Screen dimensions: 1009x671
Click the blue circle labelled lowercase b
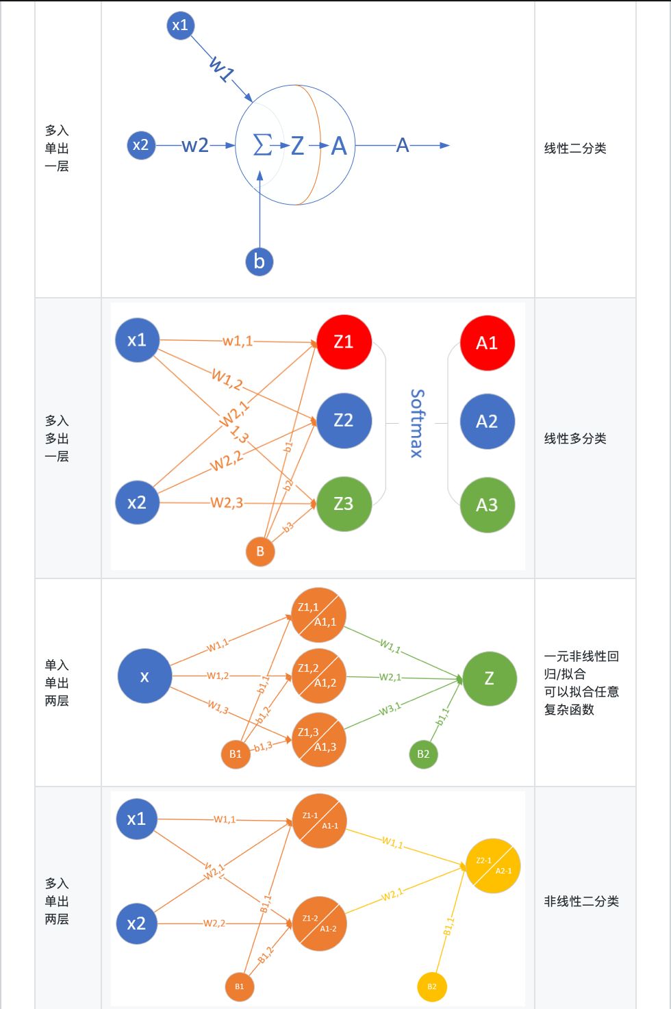(259, 261)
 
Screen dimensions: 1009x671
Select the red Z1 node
(344, 342)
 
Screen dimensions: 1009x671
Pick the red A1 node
(487, 342)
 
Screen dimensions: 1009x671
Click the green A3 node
(487, 505)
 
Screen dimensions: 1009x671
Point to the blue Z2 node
(344, 420)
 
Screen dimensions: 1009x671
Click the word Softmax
(416, 423)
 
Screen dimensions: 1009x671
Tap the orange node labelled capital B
(260, 551)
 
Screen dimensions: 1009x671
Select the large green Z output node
(489, 678)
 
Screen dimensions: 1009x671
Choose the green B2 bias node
(423, 754)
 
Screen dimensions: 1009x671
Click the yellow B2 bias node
(431, 986)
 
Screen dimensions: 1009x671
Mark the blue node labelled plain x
(144, 676)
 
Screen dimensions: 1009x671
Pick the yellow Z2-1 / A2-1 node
(493, 865)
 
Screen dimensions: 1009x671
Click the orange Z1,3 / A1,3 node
(318, 739)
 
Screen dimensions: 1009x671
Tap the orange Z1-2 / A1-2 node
(319, 923)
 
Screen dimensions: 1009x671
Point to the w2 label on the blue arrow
(195, 145)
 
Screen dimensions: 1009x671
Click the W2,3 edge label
(227, 502)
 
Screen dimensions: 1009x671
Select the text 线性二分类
(575, 148)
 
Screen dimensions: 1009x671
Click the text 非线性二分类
(581, 901)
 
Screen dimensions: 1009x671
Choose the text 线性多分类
(575, 438)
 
